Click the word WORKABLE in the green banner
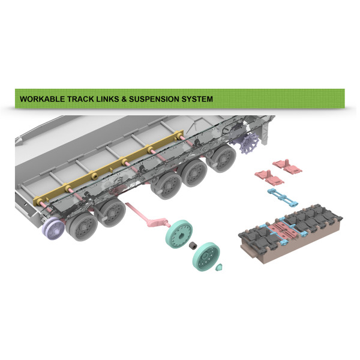coord(43,99)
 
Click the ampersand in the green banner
coord(124,99)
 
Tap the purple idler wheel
coord(53,229)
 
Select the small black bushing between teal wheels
coord(193,245)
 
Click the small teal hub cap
coord(219,267)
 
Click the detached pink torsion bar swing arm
coord(148,216)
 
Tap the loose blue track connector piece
coord(283,197)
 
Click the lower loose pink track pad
coord(269,177)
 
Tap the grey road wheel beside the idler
coord(82,226)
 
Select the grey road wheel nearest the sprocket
coord(221,158)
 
